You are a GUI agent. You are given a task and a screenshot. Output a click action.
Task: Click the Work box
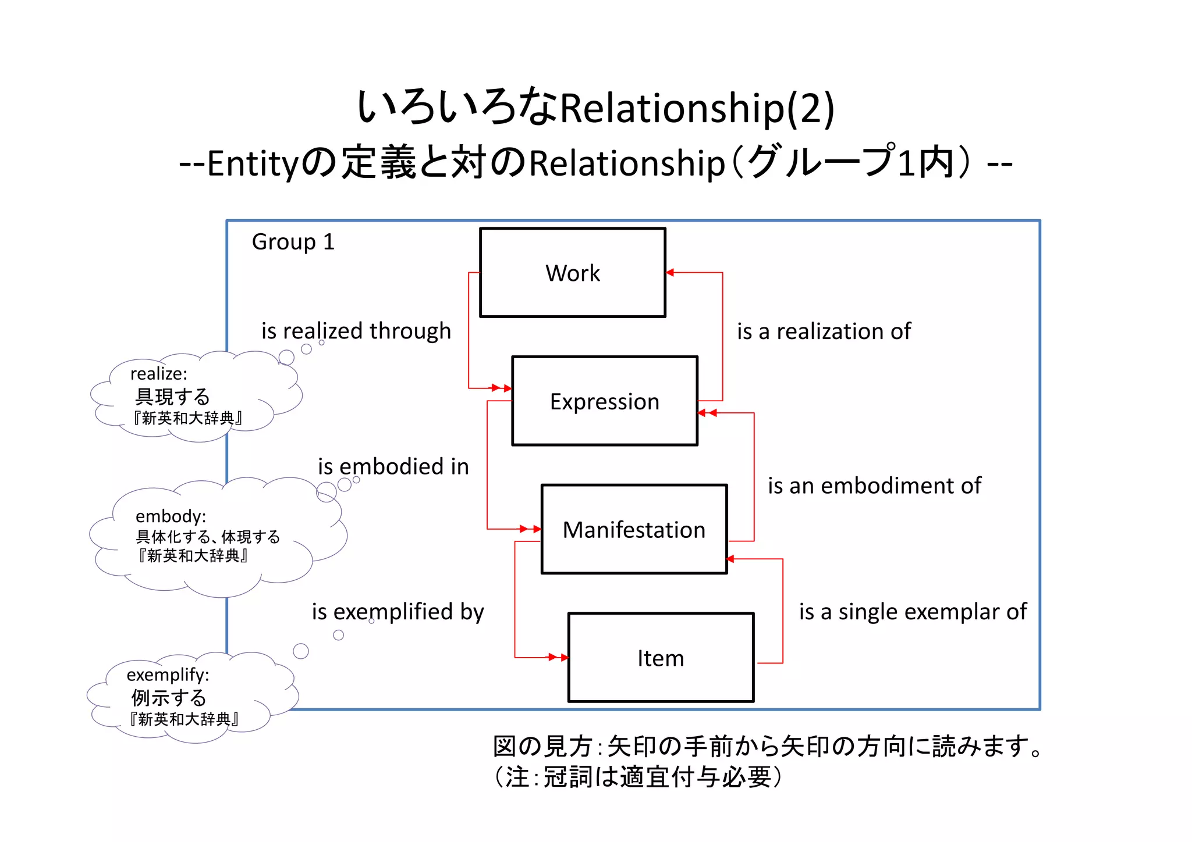(x=573, y=272)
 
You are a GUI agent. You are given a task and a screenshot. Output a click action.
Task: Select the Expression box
(x=605, y=401)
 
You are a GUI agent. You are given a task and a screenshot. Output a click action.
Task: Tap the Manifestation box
(x=634, y=529)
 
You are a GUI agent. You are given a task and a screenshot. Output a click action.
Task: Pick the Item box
(x=661, y=658)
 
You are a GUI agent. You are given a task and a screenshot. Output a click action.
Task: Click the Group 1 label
(x=293, y=242)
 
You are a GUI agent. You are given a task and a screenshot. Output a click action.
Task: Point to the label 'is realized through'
(x=356, y=331)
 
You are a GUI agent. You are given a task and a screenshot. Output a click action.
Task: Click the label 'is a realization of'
(x=824, y=331)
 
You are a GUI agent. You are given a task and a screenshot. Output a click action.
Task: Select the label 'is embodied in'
(x=393, y=466)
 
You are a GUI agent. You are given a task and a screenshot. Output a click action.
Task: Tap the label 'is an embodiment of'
(x=874, y=486)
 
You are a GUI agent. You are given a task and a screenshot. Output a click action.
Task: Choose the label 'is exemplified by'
(x=398, y=612)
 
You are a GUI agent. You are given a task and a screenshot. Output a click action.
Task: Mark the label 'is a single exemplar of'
(x=913, y=612)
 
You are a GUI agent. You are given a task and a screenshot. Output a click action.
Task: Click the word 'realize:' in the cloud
(x=158, y=373)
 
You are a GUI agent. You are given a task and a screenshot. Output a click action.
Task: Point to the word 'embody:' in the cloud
(x=171, y=516)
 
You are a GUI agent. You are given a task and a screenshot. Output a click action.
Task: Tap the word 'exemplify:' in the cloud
(x=168, y=675)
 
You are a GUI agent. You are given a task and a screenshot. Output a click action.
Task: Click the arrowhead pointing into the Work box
(x=670, y=272)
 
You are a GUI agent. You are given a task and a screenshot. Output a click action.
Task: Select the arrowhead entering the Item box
(x=563, y=658)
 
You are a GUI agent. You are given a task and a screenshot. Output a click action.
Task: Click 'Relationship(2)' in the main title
(x=697, y=108)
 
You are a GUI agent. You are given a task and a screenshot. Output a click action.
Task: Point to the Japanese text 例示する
(x=169, y=697)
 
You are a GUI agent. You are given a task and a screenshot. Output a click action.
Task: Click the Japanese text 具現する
(x=172, y=397)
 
